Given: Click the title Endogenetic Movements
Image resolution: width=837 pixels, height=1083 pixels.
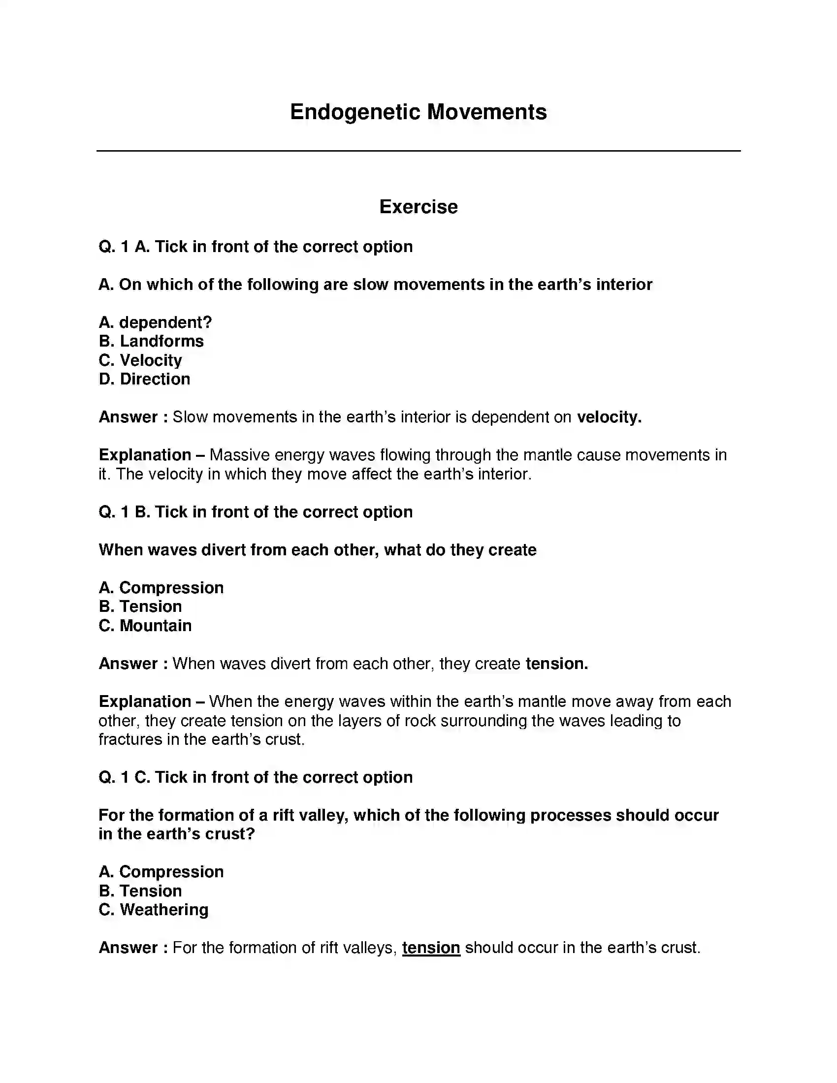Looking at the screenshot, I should [418, 112].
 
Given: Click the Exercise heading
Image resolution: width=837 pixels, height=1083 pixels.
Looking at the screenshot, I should [418, 207].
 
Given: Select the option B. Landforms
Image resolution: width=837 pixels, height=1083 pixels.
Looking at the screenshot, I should [151, 341].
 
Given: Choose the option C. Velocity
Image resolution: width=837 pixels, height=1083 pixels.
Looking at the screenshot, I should [140, 360].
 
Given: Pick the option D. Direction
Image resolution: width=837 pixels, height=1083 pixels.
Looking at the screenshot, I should [144, 379].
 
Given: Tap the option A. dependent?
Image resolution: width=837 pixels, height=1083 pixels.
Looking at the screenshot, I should [155, 322].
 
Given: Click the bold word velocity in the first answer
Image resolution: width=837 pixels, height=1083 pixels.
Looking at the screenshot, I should [609, 417].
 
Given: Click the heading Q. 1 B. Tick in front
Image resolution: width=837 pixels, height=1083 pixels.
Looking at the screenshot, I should [256, 512].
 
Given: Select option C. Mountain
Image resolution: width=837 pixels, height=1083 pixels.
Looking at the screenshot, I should [145, 626].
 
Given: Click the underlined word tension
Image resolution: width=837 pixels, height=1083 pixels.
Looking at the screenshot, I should [431, 948].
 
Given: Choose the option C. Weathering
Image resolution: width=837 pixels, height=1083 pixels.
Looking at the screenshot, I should [153, 910].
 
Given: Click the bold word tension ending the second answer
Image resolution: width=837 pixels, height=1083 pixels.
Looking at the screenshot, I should [556, 664].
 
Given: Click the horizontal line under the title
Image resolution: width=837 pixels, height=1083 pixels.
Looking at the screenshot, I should [418, 151].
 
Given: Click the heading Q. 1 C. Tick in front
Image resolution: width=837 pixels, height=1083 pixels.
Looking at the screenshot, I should [256, 777].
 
